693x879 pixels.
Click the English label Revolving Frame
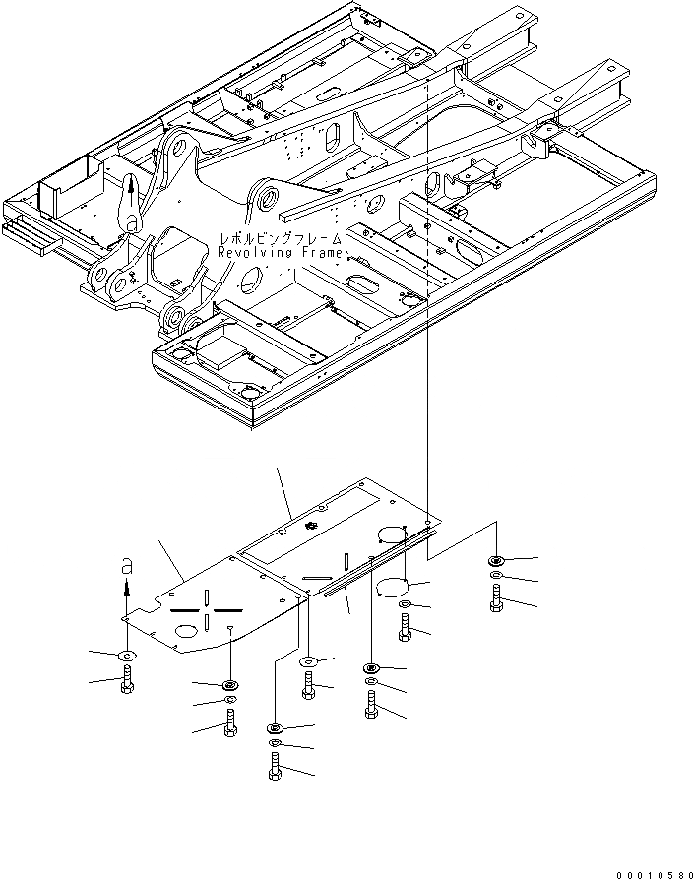pyautogui.click(x=281, y=253)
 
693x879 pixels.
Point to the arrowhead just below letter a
pyautogui.click(x=125, y=588)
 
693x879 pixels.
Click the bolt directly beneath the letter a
pyautogui.click(x=127, y=680)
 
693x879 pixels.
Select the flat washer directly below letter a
pyautogui.click(x=127, y=655)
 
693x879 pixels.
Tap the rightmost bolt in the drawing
pyautogui.click(x=496, y=598)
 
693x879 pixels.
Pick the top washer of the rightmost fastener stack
pyautogui.click(x=496, y=561)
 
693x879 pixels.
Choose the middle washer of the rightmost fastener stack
pyautogui.click(x=496, y=575)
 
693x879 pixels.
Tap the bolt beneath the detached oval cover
pyautogui.click(x=406, y=627)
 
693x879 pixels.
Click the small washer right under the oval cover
pyautogui.click(x=405, y=605)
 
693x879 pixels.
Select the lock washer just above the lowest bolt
pyautogui.click(x=275, y=741)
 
